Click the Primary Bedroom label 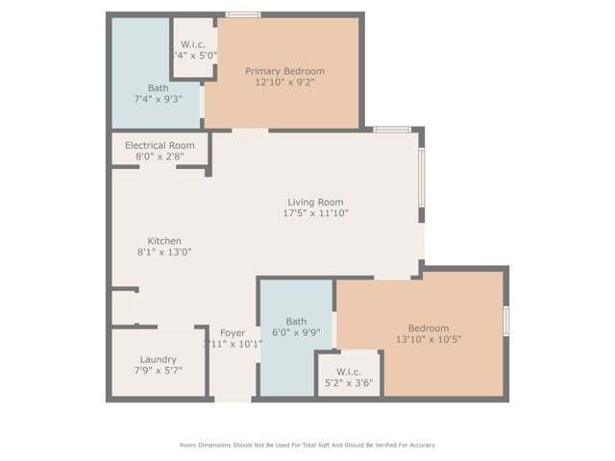tap(284, 71)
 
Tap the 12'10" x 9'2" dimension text tap(284, 84)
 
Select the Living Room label tap(315, 202)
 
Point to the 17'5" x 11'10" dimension tap(315, 214)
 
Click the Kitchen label tap(164, 241)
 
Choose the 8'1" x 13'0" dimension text tap(164, 253)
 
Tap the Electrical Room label tap(160, 145)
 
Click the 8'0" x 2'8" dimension tap(160, 156)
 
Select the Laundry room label tap(158, 359)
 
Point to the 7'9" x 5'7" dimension tap(158, 370)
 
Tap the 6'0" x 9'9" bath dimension tap(296, 332)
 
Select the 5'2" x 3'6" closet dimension tap(348, 383)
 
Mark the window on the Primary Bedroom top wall tap(243, 14)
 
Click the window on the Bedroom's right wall tap(506, 320)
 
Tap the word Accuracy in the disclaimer tap(420, 445)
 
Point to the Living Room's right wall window tap(421, 178)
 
